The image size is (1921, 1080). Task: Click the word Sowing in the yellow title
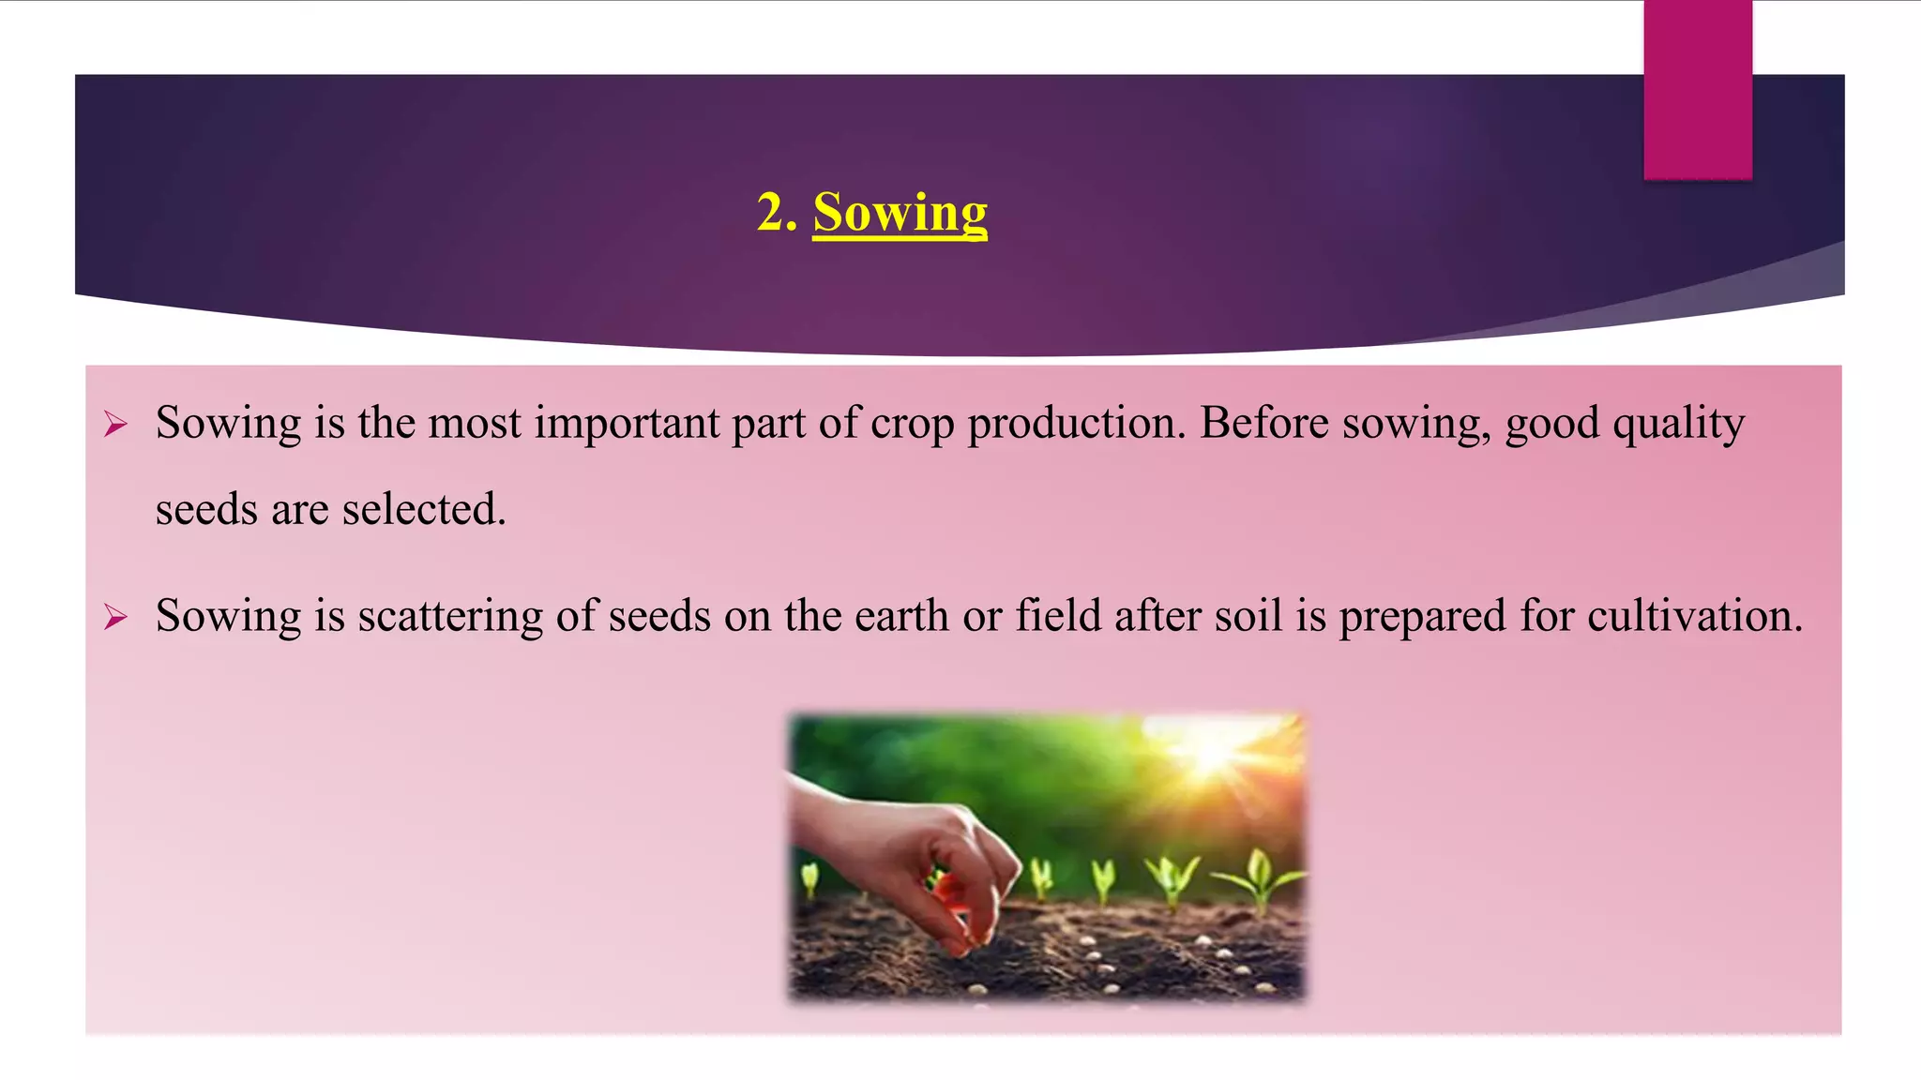pos(900,213)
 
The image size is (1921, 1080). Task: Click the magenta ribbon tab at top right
pos(1697,89)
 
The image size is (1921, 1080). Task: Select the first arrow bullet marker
pos(115,425)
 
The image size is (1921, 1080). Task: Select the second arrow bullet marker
pos(115,617)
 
